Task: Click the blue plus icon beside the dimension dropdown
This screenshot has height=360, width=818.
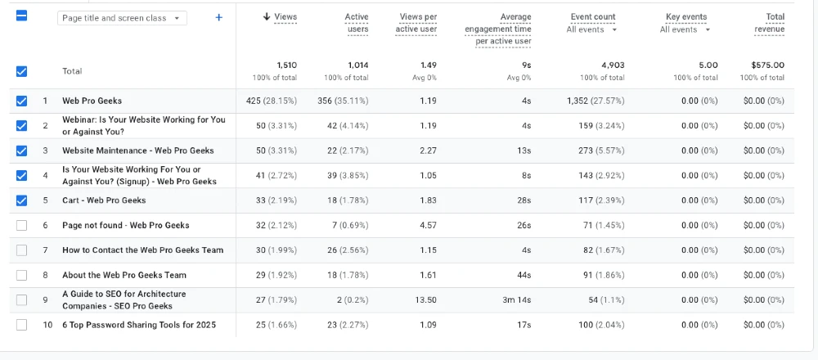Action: coord(219,18)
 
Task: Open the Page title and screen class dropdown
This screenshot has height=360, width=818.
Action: coord(122,18)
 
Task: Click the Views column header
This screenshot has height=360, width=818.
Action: coord(280,16)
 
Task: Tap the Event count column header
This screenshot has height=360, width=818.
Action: coord(593,16)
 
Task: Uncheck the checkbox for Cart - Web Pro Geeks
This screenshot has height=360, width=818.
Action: coord(21,200)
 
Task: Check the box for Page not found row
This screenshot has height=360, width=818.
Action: coord(21,225)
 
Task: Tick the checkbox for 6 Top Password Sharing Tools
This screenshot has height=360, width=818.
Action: coord(21,325)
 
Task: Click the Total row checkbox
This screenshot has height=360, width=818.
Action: coord(21,71)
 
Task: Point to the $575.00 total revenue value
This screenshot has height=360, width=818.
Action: coord(768,65)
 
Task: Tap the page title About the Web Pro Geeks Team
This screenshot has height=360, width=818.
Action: coord(124,275)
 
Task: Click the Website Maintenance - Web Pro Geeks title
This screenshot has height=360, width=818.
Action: coord(138,151)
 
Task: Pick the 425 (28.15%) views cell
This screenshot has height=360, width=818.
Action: coord(272,101)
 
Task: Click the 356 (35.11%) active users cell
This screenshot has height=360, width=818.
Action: coord(343,101)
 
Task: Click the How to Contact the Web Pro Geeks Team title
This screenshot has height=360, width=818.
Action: coord(143,250)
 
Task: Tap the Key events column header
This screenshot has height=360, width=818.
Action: coord(686,16)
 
